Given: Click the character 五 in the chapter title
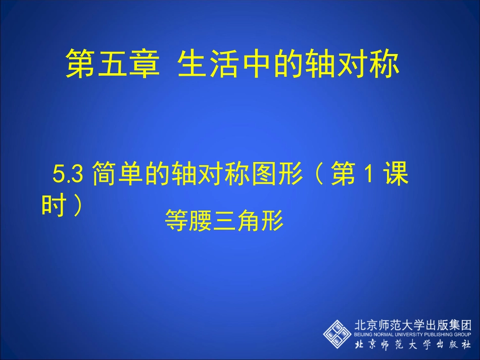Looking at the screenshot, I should pyautogui.click(x=111, y=64).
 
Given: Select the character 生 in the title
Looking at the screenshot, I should pyautogui.click(x=194, y=64).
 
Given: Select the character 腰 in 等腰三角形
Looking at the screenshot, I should pyautogui.click(x=200, y=221).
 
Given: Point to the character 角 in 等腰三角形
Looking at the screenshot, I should pyautogui.click(x=249, y=221).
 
